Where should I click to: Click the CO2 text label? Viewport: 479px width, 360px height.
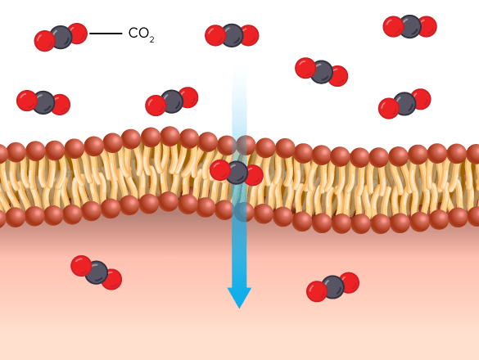[x=141, y=34]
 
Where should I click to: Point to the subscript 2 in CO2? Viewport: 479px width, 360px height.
[x=151, y=40]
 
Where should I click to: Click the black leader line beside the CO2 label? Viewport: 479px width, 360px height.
[x=106, y=34]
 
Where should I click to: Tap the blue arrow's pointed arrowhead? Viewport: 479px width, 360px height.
[x=239, y=298]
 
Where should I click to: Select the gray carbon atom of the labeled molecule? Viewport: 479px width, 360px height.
[x=61, y=38]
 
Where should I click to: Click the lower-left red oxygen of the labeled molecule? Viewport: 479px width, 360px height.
[x=44, y=41]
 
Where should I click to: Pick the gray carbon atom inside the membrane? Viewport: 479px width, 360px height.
[x=237, y=173]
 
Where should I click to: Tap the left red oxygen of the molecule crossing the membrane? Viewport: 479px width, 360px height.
[x=220, y=170]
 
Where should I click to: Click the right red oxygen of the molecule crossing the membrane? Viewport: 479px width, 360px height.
[x=254, y=175]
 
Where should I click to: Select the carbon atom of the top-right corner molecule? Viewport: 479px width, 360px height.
[x=410, y=26]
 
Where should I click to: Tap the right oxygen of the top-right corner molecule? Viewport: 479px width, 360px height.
[x=427, y=26]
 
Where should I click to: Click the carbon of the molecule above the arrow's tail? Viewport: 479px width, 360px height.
[x=233, y=35]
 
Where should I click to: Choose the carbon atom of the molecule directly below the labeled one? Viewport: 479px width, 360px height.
[x=43, y=102]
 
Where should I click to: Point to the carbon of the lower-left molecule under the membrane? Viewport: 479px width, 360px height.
[x=97, y=272]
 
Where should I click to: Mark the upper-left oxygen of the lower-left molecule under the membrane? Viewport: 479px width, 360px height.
[x=81, y=266]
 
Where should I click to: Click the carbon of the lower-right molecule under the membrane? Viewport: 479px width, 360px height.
[x=333, y=287]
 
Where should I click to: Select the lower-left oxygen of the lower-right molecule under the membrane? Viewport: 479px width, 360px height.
[x=317, y=291]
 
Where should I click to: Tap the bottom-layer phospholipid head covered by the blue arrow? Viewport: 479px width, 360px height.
[x=244, y=212]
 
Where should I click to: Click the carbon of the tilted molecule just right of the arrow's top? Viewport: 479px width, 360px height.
[x=322, y=72]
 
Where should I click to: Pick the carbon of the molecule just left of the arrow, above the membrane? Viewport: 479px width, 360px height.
[x=172, y=101]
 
